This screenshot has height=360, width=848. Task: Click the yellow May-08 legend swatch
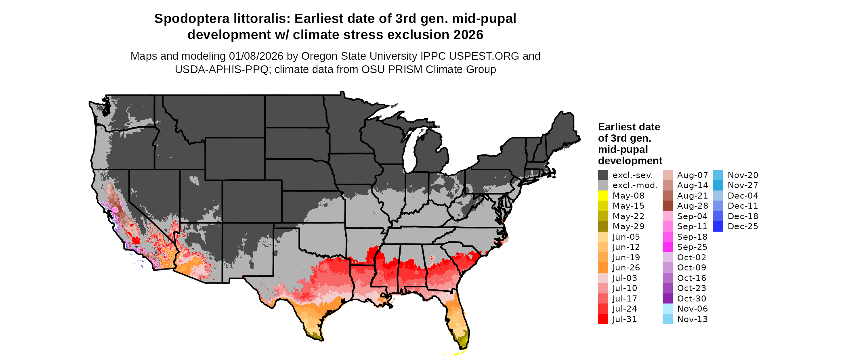pos(603,196)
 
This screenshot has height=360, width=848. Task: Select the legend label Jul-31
pos(625,319)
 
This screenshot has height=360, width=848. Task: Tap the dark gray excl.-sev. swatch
pos(603,175)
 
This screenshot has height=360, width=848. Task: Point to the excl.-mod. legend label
pos(635,185)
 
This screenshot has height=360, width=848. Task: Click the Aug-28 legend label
pos(693,206)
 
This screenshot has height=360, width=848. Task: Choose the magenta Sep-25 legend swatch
pos(667,247)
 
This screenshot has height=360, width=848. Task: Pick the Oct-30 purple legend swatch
pos(667,299)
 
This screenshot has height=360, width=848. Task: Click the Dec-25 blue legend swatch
pos(718,226)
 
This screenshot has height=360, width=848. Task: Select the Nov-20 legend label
pos(743,175)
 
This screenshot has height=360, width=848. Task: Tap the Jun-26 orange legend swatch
pos(603,268)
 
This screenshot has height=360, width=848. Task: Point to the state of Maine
pos(563,129)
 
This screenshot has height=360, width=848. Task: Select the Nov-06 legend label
pos(693,309)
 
